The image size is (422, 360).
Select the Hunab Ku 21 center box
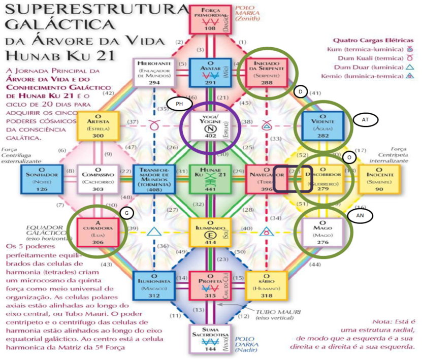tap(210, 179)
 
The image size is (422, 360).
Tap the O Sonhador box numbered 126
tap(42, 179)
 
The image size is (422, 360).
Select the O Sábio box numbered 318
tap(265, 285)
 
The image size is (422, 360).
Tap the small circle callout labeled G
tap(125, 213)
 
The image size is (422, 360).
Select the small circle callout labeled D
tap(301, 91)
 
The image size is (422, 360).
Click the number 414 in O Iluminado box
tap(210, 243)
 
